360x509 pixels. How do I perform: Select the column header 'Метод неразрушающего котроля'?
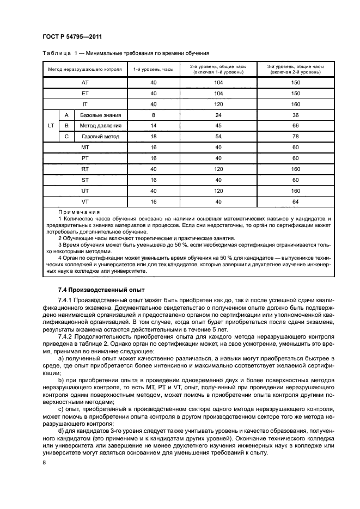point(84,69)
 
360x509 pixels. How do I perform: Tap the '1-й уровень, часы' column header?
point(154,69)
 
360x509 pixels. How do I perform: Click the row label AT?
point(84,83)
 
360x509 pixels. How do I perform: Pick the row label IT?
point(84,104)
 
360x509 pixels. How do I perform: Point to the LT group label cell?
point(51,126)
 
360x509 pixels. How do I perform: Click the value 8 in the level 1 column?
point(154,115)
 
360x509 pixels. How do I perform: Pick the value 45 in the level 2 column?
point(218,126)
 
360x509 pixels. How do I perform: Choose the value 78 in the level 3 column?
point(295,137)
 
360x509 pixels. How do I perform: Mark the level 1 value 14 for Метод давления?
point(154,126)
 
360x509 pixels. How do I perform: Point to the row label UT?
point(84,190)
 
